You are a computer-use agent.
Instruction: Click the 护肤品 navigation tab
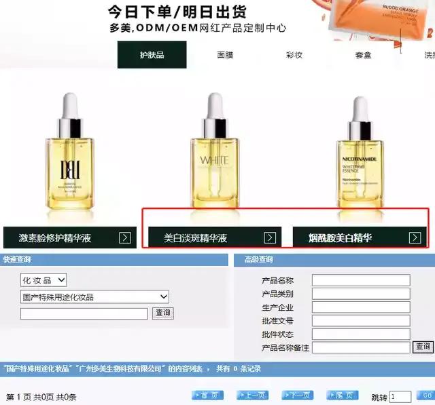pos(152,55)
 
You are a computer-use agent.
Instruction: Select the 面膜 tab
pos(227,55)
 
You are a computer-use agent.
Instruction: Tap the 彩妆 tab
pos(294,55)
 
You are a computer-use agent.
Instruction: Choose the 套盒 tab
pos(363,55)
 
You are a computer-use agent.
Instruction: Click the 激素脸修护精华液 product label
pos(55,238)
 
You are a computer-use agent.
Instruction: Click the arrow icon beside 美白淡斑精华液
pos(270,237)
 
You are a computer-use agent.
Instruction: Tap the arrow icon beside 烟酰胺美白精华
pos(415,237)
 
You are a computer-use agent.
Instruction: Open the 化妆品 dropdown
pos(43,280)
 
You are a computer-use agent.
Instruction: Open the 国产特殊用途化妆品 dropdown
pos(94,297)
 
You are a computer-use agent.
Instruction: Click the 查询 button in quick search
pos(162,313)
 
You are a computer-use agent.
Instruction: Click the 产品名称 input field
pos(360,280)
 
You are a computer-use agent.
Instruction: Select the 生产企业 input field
pos(360,307)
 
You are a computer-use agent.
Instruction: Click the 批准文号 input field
pos(360,321)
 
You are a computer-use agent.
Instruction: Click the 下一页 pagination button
pos(297,396)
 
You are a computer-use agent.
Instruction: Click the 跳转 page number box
pos(400,397)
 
